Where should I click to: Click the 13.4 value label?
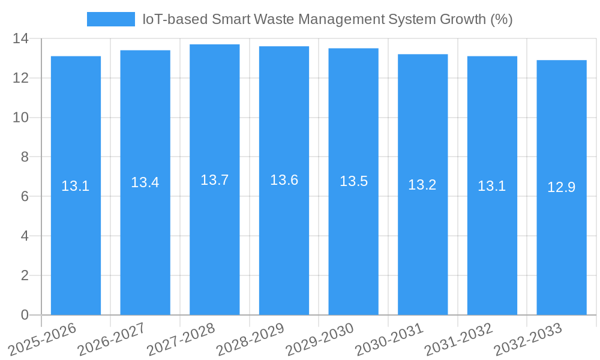[x=145, y=182]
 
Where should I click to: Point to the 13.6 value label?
[x=284, y=180]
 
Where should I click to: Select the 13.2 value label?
[x=422, y=185]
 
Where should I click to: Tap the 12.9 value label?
[x=562, y=187]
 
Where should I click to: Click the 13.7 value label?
[x=215, y=179]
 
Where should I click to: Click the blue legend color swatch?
[x=111, y=19]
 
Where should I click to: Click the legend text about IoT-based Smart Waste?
[x=327, y=19]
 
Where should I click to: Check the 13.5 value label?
[x=353, y=181]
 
